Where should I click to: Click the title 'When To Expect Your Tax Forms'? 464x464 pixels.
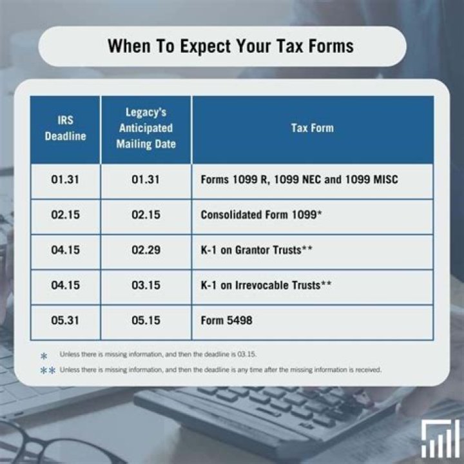tap(230, 46)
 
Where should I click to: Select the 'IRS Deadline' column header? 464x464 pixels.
tap(65, 129)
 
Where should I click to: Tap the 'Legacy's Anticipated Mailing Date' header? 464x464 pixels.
tap(146, 128)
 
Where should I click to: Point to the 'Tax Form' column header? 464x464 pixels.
tap(312, 128)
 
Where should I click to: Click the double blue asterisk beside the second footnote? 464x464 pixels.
tap(47, 371)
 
